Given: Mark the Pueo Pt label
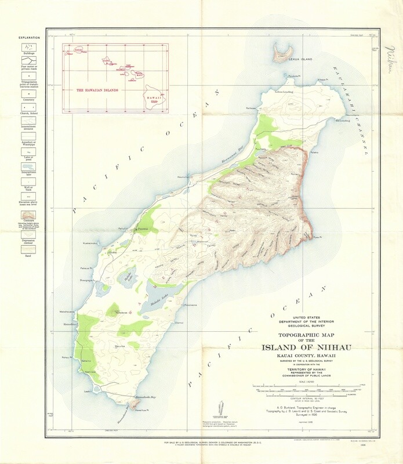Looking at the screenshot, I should point(317,237).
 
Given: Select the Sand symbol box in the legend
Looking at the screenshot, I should point(27,249).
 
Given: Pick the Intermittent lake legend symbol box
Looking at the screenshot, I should point(27,166).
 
